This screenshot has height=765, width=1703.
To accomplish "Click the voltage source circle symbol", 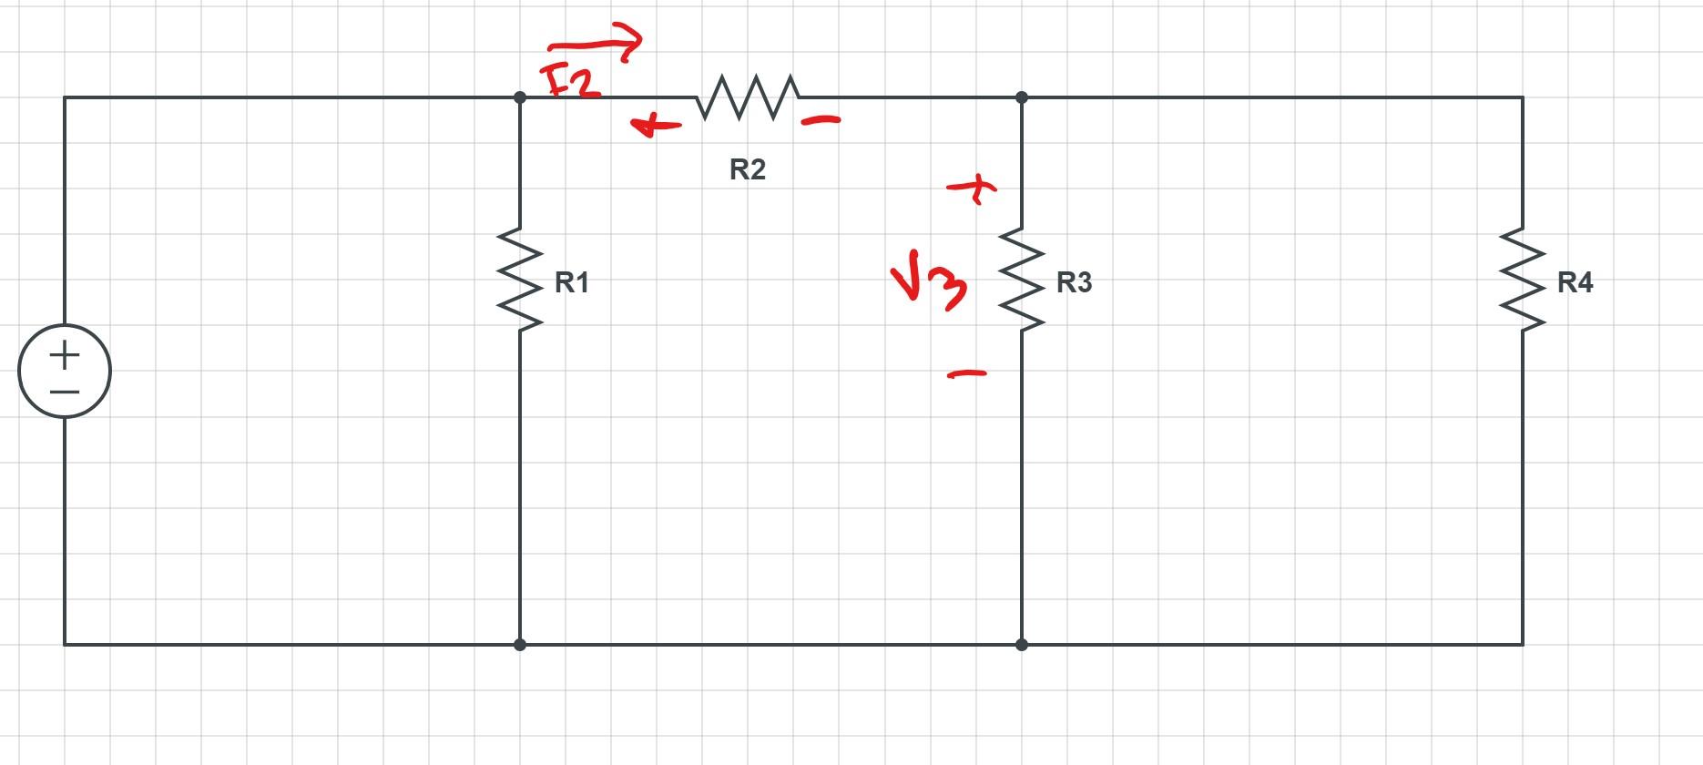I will click(65, 372).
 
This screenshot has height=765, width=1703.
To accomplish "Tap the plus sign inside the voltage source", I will click(65, 354).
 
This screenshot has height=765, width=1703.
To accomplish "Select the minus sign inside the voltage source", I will click(65, 392).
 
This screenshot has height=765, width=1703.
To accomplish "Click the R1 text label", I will click(572, 283).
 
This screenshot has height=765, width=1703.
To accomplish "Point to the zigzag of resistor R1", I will click(520, 279).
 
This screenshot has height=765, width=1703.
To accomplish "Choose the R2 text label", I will click(748, 169).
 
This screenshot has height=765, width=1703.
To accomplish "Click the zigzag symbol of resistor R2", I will click(749, 97).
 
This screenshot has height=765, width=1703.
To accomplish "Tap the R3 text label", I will click(1074, 283).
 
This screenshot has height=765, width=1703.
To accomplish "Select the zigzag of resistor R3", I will click(1022, 279).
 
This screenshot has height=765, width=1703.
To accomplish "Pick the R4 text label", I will click(1576, 283).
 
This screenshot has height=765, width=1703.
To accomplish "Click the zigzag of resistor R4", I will click(1523, 279).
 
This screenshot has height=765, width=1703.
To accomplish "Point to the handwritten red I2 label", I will click(570, 80).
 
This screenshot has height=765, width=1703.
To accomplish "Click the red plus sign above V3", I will click(973, 189).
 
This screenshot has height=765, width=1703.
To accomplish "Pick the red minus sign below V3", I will click(967, 372).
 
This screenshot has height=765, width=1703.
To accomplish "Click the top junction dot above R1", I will click(520, 97).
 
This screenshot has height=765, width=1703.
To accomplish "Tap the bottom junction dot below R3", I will click(1022, 645).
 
